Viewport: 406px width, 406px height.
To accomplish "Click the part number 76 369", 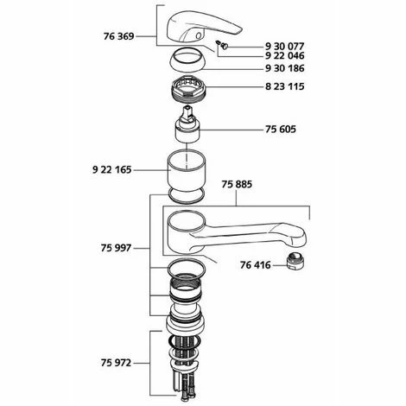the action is [x=118, y=36].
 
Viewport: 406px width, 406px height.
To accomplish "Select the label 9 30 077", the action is [x=284, y=47].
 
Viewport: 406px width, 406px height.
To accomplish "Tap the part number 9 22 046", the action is [x=284, y=55].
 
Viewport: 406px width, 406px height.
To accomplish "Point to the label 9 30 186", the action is [x=284, y=68].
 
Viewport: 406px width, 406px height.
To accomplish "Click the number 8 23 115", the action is [x=284, y=86].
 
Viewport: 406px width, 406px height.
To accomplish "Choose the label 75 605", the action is [x=281, y=130].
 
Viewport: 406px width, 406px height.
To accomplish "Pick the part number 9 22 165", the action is [x=111, y=170].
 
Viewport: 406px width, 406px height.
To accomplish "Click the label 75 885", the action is [x=237, y=184].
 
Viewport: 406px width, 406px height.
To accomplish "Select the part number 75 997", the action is [x=116, y=248].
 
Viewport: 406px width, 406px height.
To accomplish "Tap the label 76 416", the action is [x=256, y=265].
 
